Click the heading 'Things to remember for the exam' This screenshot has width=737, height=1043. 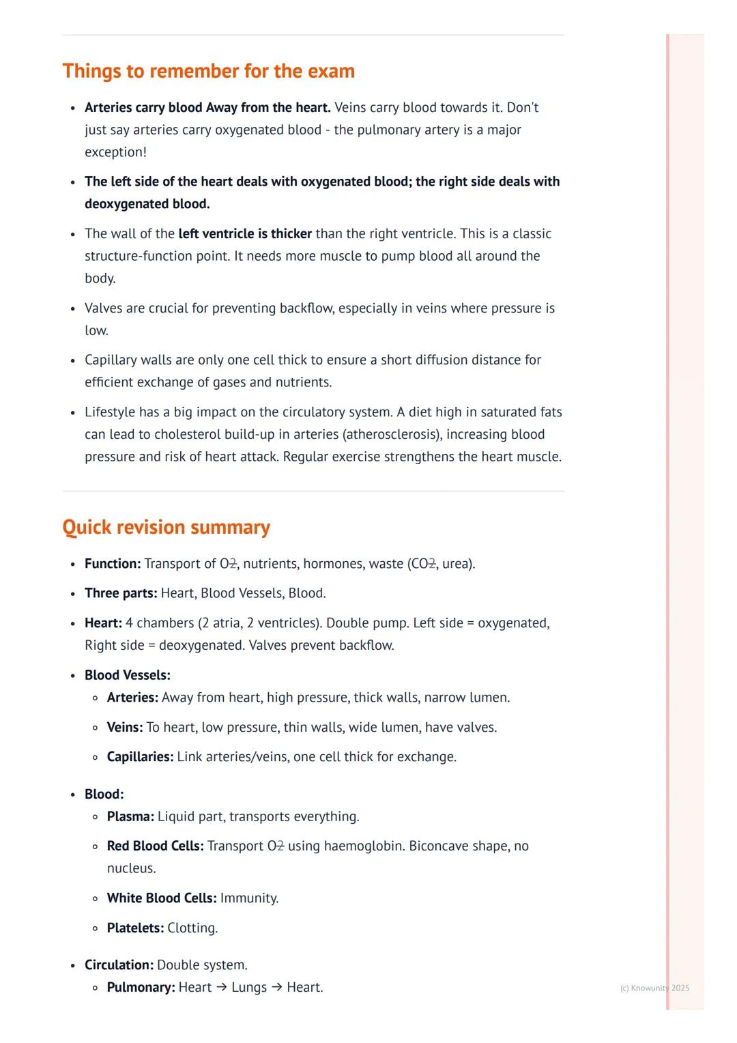point(208,71)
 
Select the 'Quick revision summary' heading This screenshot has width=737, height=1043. point(166,527)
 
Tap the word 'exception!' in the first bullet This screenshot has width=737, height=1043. point(115,152)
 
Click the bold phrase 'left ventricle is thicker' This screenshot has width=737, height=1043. point(245,233)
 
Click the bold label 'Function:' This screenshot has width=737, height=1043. point(113,564)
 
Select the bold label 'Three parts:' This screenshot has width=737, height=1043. point(121,593)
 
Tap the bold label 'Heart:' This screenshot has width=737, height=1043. point(103,623)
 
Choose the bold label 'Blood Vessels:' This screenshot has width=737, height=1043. point(128,675)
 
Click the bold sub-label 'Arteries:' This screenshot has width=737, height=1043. point(132,698)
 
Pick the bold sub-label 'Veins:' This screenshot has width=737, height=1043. point(125,728)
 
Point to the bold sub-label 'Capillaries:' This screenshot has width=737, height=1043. point(140,757)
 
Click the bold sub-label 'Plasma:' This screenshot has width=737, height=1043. point(130,816)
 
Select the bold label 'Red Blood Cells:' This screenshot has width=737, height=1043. point(155,846)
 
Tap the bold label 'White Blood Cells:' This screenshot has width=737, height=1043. point(162,898)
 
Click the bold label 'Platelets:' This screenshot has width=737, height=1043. point(135,928)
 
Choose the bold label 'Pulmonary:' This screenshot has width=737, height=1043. point(141,988)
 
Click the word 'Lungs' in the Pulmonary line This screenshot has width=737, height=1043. point(249,988)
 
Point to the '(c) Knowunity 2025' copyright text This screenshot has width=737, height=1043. point(654,988)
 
